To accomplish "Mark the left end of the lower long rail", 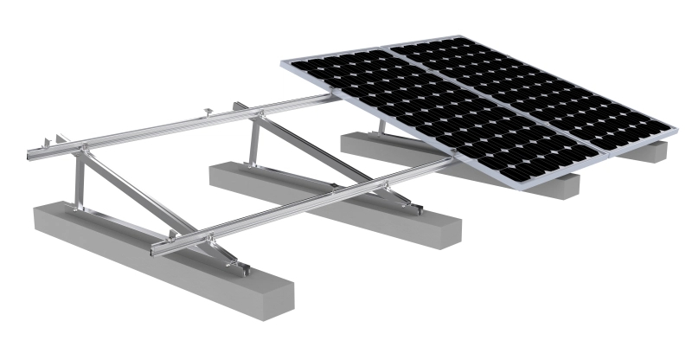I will [x=156, y=250].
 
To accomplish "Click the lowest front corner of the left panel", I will [x=518, y=185].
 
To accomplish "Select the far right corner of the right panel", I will [x=672, y=131].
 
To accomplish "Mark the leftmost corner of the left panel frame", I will [x=282, y=61].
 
